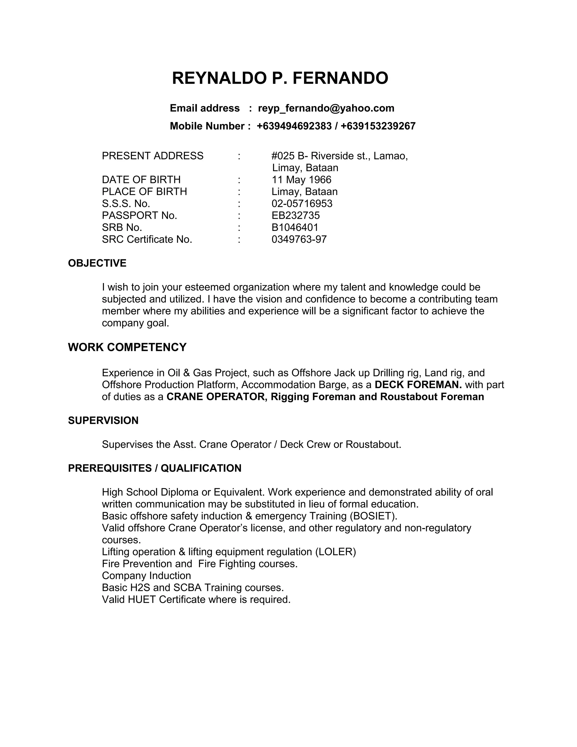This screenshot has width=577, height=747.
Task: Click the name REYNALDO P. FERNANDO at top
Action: pyautogui.click(x=280, y=78)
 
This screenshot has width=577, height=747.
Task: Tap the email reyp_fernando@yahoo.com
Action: pyautogui.click(x=326, y=108)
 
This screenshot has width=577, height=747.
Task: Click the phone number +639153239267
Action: pyautogui.click(x=378, y=126)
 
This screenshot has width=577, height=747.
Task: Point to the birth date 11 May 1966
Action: pyautogui.click(x=301, y=180)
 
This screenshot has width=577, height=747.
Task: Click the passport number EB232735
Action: pyautogui.click(x=296, y=215)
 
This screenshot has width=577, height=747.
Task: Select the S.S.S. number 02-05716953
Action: pyautogui.click(x=302, y=204)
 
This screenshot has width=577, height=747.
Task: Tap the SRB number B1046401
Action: pyautogui.click(x=295, y=227)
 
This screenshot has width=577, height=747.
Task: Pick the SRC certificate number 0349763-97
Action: pyautogui.click(x=299, y=239)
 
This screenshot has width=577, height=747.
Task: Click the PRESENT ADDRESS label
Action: pyautogui.click(x=152, y=156)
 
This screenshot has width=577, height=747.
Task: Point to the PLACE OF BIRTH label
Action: pyautogui.click(x=144, y=191)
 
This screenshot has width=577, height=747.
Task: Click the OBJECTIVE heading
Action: pyautogui.click(x=97, y=263)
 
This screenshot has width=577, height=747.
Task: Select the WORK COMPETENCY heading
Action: pyautogui.click(x=127, y=347)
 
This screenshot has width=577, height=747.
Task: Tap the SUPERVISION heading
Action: pyautogui.click(x=103, y=420)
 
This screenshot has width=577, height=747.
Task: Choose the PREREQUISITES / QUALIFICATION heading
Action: pyautogui.click(x=154, y=468)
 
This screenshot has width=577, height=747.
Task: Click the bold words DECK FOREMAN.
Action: pyautogui.click(x=418, y=385)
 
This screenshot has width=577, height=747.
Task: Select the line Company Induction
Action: pyautogui.click(x=146, y=576)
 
